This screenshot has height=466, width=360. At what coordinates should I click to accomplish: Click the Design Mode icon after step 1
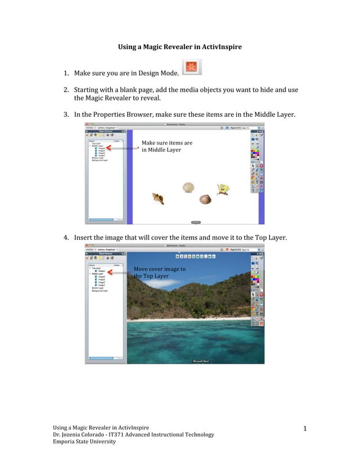tap(191, 67)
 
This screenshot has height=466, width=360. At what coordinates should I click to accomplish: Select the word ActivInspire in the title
tap(221, 47)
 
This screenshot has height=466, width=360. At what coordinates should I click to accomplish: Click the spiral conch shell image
tap(159, 198)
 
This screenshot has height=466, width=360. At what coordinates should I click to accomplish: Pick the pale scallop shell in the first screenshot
tap(188, 187)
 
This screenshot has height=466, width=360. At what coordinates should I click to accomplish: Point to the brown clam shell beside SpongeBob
tap(205, 199)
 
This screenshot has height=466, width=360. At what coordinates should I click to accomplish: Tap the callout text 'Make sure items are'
tap(167, 143)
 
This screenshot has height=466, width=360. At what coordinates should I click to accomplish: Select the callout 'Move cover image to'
tap(160, 269)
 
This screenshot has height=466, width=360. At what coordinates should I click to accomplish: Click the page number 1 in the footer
tap(305, 430)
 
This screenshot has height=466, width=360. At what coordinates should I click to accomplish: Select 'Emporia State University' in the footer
tap(84, 442)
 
